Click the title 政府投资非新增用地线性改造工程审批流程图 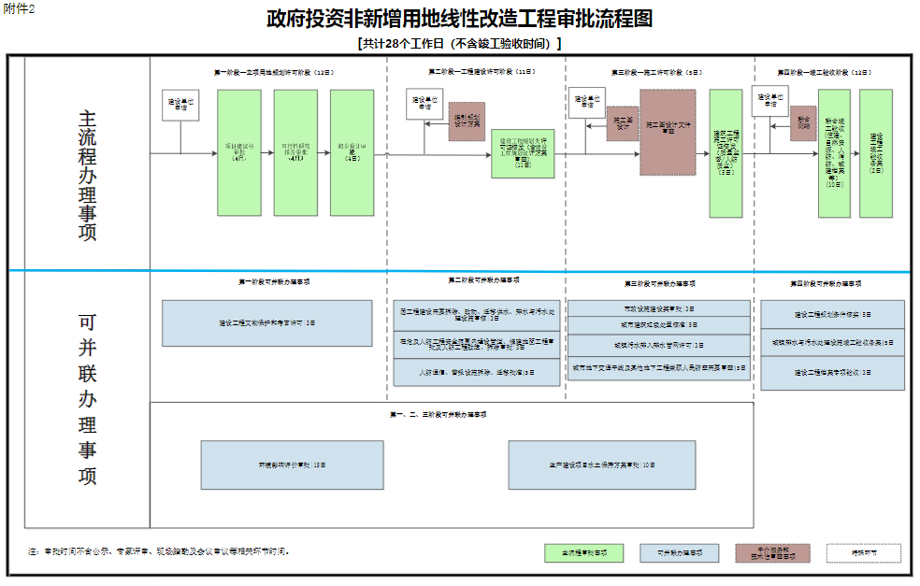pyautogui.click(x=459, y=19)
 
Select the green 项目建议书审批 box pyautogui.click(x=238, y=153)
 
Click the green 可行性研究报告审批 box pyautogui.click(x=295, y=153)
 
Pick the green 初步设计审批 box pyautogui.click(x=352, y=153)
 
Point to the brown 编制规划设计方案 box pyautogui.click(x=467, y=121)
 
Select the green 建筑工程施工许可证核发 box pyautogui.click(x=726, y=153)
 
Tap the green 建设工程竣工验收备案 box pyautogui.click(x=876, y=153)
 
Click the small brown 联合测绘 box pyautogui.click(x=803, y=122)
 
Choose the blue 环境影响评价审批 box pyautogui.click(x=292, y=465)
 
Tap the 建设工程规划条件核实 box pyautogui.click(x=832, y=314)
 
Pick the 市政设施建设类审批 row pyautogui.click(x=659, y=308)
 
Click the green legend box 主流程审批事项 pyautogui.click(x=583, y=552)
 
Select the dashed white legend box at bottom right pyautogui.click(x=863, y=552)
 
